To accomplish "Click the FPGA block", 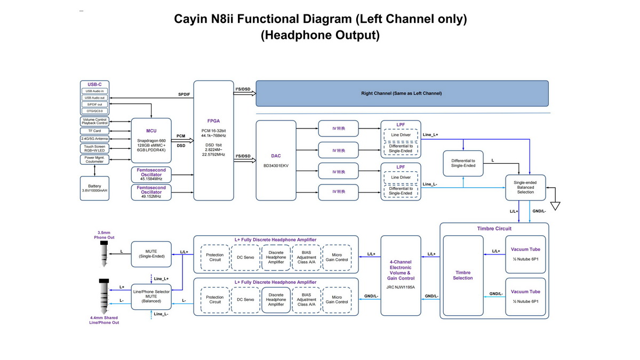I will (213, 140).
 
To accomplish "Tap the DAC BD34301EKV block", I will (276, 160).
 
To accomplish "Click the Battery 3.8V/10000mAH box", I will (94, 188).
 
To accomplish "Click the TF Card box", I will (94, 131).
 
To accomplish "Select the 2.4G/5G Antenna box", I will (94, 139).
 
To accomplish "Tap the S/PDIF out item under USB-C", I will (94, 105).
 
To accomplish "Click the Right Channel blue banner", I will (402, 93).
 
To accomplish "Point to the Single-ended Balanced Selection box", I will (525, 187).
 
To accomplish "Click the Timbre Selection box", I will (462, 274).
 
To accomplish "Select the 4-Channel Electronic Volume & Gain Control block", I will (401, 275).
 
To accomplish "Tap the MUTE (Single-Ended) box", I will (151, 253).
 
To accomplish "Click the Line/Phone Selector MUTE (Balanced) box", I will (151, 296).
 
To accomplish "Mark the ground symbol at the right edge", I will (557, 204).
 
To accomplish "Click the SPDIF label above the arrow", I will (184, 94).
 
